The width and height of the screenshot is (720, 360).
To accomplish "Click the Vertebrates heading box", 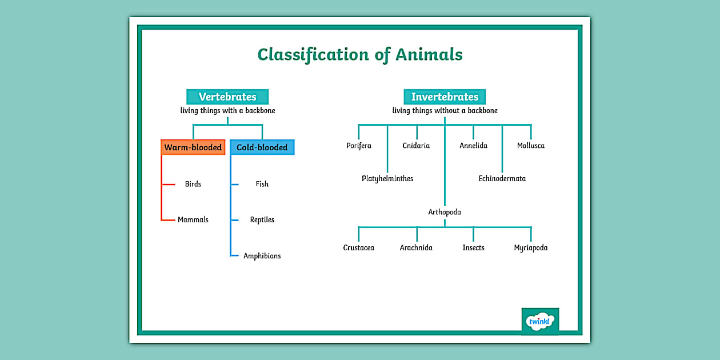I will [227, 97].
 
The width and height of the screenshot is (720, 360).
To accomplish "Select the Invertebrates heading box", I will [445, 97].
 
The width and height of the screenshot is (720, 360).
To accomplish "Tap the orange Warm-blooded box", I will [193, 147].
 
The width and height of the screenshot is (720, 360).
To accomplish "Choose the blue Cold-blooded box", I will [262, 147].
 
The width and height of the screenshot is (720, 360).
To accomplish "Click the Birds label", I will [193, 184].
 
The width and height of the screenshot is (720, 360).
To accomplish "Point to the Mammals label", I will [193, 219].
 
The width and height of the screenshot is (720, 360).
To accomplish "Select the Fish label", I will [262, 184].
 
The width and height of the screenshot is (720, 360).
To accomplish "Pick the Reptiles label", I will [262, 219].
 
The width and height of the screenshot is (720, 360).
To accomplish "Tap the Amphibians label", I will [262, 256].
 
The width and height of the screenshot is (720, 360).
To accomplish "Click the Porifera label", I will [359, 146].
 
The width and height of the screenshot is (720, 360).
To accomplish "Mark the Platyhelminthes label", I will [387, 179].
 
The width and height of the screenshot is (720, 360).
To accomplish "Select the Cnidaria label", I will [416, 146].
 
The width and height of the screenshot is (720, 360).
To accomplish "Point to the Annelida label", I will [473, 146].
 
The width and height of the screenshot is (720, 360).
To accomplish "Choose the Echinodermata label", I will [502, 179].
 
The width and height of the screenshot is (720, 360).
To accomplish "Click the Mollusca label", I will [531, 146].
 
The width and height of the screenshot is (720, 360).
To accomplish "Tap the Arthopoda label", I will [445, 212].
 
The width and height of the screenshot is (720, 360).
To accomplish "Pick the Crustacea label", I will [359, 248].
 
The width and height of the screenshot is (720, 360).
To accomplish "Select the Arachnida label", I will [416, 248].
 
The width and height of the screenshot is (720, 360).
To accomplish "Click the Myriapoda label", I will [531, 248].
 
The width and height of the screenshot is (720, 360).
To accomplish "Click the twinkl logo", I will [540, 321].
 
